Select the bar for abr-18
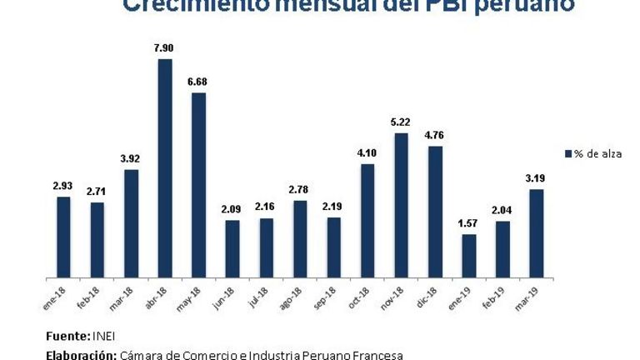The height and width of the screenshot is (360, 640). click(x=165, y=167)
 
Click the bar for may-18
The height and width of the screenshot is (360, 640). click(x=198, y=184)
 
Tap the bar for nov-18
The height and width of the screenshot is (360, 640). click(x=401, y=204)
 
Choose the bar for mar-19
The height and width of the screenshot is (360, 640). click(x=537, y=232)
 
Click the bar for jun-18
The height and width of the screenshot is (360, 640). click(x=232, y=247)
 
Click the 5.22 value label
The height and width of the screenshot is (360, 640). click(x=401, y=122)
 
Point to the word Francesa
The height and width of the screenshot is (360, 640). click(x=378, y=355)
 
